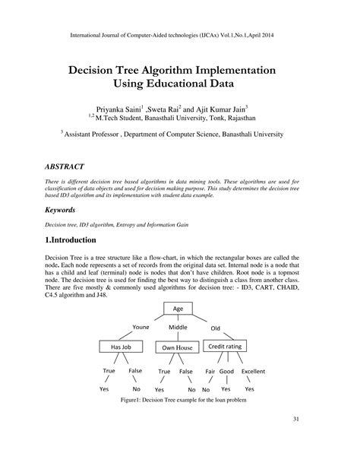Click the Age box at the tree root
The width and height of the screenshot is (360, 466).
point(179,309)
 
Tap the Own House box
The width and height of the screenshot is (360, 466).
point(175,347)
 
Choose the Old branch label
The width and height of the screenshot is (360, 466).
point(216,328)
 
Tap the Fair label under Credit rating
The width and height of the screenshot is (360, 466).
point(211,372)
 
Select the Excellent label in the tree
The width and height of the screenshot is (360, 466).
point(253,372)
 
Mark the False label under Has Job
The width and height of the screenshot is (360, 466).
point(135,371)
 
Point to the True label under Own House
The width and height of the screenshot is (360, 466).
point(163,372)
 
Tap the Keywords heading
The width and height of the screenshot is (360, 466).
point(65,208)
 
